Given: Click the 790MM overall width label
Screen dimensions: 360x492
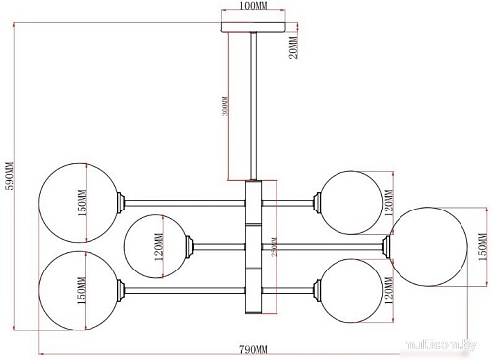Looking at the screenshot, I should point(255,350).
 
